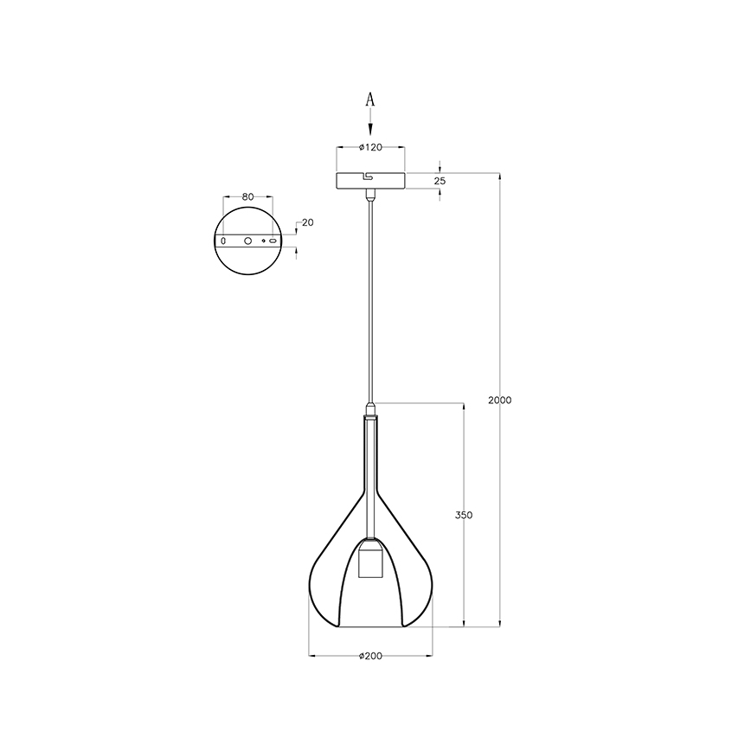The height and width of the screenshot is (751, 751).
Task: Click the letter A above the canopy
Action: coord(370,100)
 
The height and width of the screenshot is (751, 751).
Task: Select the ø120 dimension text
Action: coord(370,147)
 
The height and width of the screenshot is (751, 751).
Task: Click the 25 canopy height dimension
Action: coord(440,181)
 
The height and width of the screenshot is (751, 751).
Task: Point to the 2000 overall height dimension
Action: coord(500,400)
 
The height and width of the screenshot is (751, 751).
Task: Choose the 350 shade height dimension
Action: coord(464,515)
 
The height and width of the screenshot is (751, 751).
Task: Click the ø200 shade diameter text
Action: coord(370,657)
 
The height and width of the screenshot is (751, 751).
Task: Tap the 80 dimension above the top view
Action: coord(247,197)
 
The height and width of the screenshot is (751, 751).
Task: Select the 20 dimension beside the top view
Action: coord(308,222)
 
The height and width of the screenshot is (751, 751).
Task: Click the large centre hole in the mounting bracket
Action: coord(247,241)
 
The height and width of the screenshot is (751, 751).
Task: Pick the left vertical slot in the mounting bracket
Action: coord(223,240)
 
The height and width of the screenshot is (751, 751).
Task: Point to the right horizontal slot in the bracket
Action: coord(273,241)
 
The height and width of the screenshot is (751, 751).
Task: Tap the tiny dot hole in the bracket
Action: coord(263,241)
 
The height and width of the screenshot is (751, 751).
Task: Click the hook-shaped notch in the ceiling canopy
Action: coord(369,179)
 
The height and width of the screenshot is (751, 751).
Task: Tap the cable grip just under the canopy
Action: coord(370,197)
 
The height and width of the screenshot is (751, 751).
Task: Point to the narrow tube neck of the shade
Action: coord(370,459)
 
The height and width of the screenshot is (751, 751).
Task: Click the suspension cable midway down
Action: coord(370,303)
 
